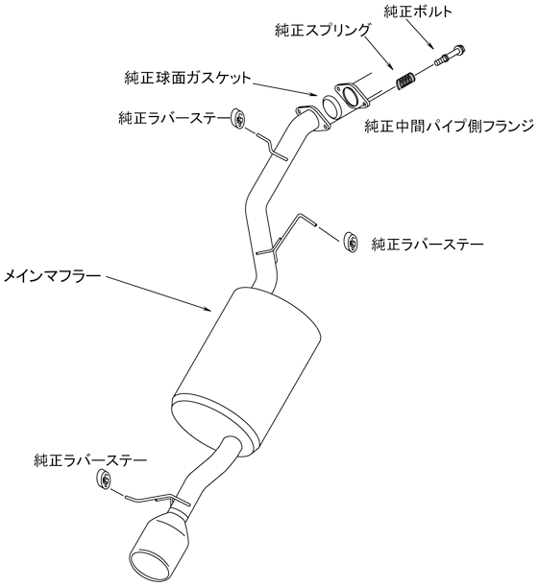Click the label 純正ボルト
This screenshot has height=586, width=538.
coord(418,12)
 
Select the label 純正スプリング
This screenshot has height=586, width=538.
coord(323,31)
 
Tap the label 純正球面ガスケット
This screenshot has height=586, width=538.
coord(187,78)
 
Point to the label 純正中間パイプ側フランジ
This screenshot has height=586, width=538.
coord(449,127)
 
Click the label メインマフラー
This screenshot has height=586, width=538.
coord(53,276)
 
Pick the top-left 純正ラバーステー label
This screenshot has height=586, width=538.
coord(174,118)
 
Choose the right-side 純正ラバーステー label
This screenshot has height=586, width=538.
coord(428,245)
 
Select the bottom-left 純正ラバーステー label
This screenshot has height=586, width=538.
coord(90,460)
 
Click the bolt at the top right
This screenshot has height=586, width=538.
coord(451,54)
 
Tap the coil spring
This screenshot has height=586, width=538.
coord(405,81)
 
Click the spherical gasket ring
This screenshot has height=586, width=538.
coord(330,107)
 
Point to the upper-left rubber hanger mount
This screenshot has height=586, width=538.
coord(237,119)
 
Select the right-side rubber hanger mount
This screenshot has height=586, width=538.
coord(351,242)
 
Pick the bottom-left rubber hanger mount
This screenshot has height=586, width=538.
coord(104,479)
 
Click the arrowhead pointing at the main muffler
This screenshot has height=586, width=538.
coord(208,308)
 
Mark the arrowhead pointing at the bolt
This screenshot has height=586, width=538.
coord(431,46)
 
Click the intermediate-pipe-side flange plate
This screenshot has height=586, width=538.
coord(351,97)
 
